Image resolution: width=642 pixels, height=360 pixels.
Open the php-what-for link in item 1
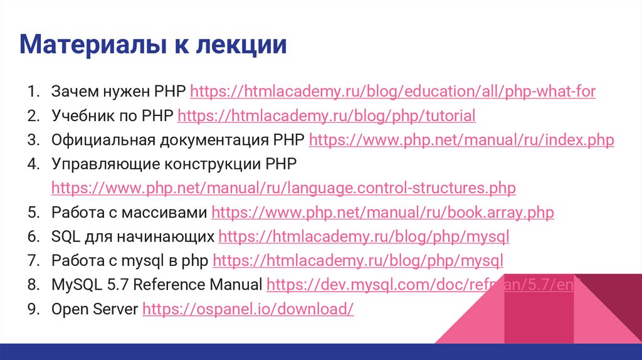pyautogui.click(x=392, y=92)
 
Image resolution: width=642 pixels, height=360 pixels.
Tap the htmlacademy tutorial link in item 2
pyautogui.click(x=327, y=116)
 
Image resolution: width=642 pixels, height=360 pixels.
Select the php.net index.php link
pyautogui.click(x=461, y=140)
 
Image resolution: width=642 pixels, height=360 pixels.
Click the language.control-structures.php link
pyautogui.click(x=283, y=188)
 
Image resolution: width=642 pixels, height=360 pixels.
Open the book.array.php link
pyautogui.click(x=382, y=213)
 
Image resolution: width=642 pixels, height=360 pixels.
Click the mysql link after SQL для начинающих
pyautogui.click(x=364, y=237)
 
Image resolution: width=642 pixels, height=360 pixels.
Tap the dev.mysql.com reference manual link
pyautogui.click(x=420, y=285)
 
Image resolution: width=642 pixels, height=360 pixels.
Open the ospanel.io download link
pyautogui.click(x=248, y=309)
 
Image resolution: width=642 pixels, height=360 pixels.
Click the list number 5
pyautogui.click(x=33, y=213)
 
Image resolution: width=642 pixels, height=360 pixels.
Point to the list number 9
pyautogui.click(x=33, y=309)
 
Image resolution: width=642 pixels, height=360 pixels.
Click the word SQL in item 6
pyautogui.click(x=64, y=237)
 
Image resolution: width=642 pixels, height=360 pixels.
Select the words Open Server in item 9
pyautogui.click(x=94, y=309)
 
